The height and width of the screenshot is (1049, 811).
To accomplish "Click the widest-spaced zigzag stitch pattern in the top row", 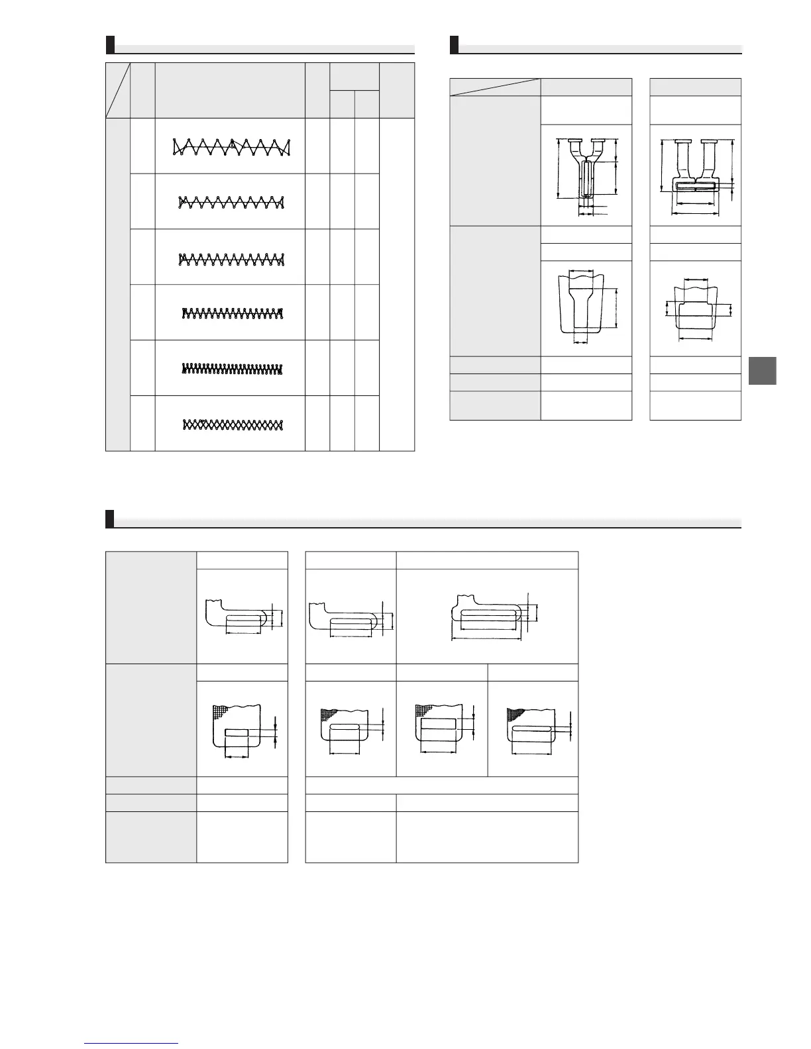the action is [230, 146].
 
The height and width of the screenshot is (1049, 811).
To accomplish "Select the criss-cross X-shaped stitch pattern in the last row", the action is [232, 424].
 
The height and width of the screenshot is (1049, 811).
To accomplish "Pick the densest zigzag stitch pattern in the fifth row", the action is [232, 368].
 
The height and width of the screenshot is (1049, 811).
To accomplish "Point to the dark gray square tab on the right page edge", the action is [762, 371].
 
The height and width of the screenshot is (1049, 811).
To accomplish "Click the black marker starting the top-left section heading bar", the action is [110, 44].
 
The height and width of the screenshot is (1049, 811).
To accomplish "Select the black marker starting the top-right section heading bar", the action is [455, 44].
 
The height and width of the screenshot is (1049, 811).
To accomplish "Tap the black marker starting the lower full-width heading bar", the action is [110, 519].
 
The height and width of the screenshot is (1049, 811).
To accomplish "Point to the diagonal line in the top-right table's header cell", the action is [495, 87].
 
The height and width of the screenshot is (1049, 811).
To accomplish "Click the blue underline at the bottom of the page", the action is [132, 1044].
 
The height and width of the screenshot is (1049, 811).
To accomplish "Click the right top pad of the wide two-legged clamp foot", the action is [710, 141].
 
